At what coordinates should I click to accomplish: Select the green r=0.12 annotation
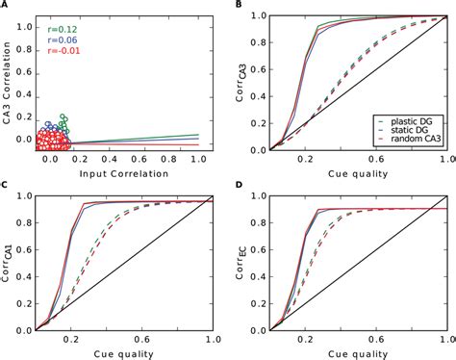pos(63,31)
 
